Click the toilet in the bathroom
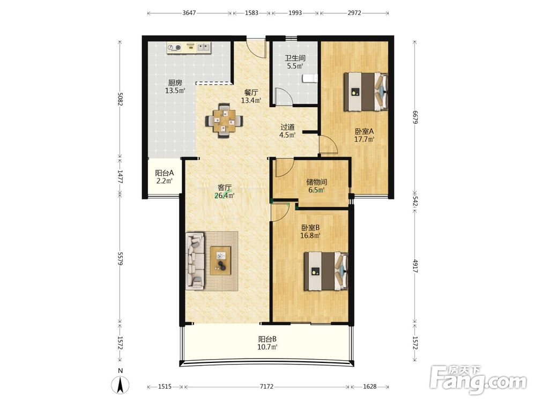310,79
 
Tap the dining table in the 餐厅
224,121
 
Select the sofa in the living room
195,261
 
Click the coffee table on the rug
220,260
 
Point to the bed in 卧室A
366,91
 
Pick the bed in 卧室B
326,271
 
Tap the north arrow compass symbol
120,384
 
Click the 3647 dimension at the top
189,13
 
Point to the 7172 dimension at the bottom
266,386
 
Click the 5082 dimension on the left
120,99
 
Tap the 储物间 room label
317,182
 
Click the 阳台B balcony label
267,339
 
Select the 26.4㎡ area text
224,196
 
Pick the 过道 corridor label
287,127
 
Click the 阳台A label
165,173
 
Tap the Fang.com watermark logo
478,380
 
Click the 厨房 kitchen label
175,83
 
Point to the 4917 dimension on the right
415,266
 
